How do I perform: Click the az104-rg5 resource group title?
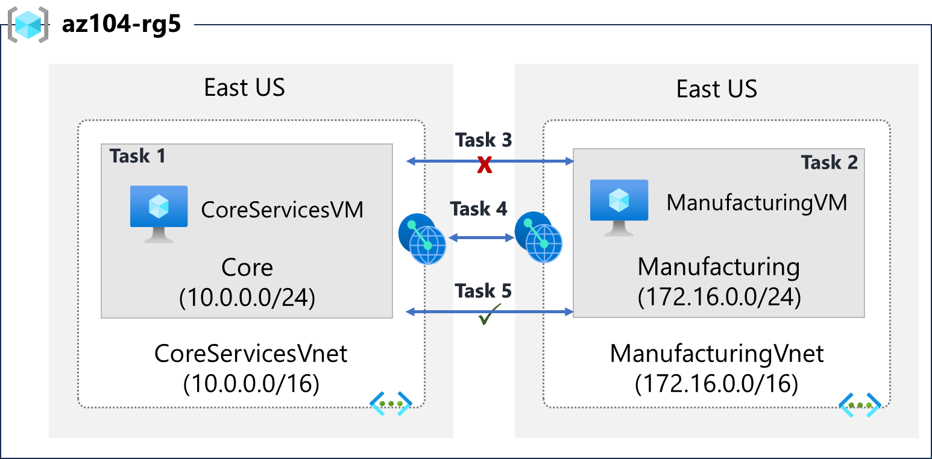[121, 26]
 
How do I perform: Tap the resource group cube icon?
[28, 25]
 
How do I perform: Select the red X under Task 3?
[484, 165]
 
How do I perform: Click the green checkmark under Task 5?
[490, 315]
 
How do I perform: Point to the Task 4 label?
[479, 209]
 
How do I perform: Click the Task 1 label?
[137, 156]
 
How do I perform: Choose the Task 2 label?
[829, 162]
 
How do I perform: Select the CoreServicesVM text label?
[282, 210]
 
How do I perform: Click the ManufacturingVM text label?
[757, 203]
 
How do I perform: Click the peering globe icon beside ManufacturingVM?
[538, 237]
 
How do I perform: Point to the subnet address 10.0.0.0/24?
[247, 299]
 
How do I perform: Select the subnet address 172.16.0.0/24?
[719, 297]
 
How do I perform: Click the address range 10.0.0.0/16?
[251, 384]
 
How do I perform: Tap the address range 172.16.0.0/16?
[716, 383]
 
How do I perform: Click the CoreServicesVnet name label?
[251, 354]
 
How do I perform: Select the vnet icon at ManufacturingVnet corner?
[860, 404]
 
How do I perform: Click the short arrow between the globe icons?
[480, 238]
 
